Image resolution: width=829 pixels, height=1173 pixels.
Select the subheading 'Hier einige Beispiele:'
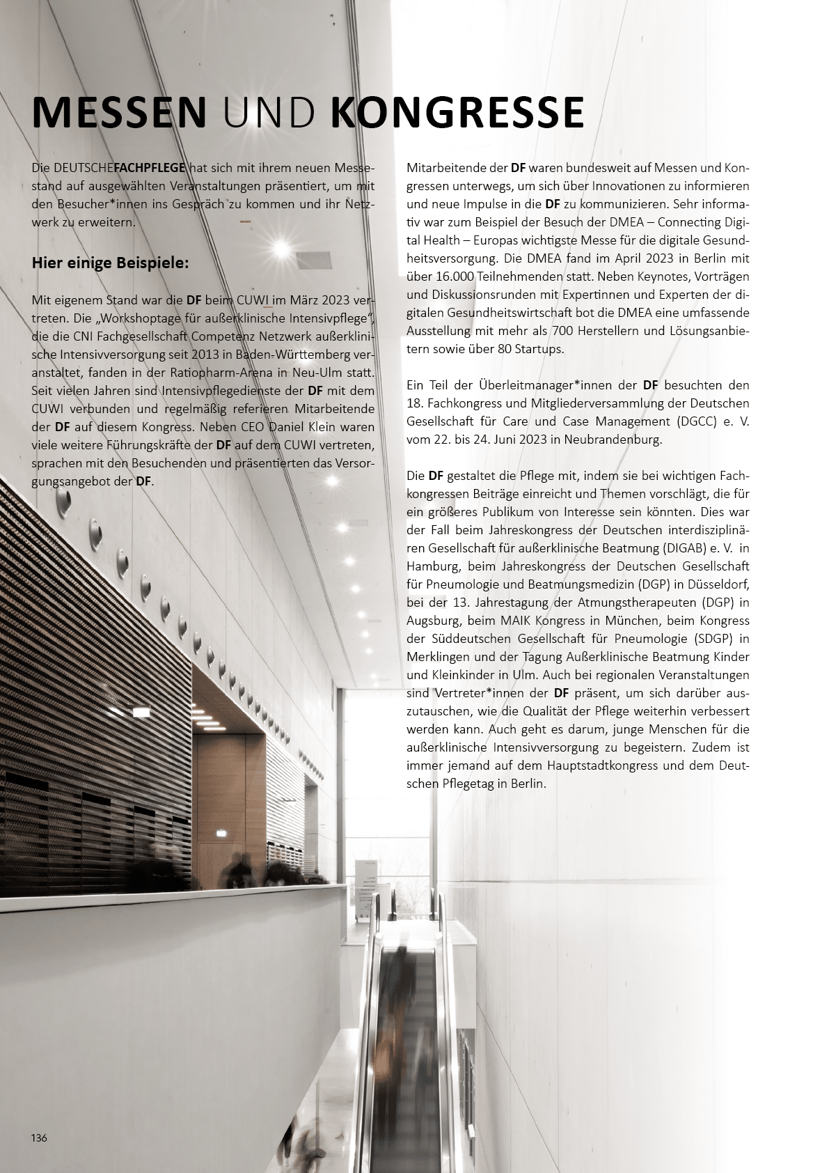(x=110, y=264)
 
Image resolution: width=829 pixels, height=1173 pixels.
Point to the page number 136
(x=39, y=1137)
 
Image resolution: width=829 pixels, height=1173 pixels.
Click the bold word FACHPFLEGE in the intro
(x=149, y=168)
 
